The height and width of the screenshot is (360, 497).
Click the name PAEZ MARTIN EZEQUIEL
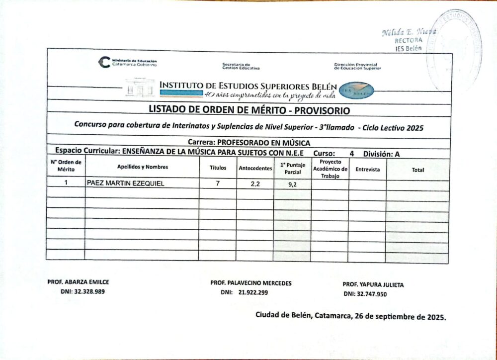(x=125, y=183)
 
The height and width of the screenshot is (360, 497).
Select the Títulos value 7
(x=217, y=183)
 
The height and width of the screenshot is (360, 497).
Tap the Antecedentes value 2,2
(x=255, y=183)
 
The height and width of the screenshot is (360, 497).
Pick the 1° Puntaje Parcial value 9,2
(x=292, y=184)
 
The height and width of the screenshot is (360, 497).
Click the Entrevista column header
(x=367, y=170)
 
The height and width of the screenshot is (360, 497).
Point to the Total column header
(x=418, y=170)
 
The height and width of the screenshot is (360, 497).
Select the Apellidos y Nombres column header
(x=143, y=167)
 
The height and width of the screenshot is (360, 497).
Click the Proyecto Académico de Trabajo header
(x=330, y=169)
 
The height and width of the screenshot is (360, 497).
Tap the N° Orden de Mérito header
(x=66, y=166)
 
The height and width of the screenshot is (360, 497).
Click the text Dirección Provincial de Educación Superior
(x=357, y=66)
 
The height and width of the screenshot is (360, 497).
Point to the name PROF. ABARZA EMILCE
(x=78, y=282)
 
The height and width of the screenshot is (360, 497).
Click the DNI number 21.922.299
(x=253, y=292)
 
